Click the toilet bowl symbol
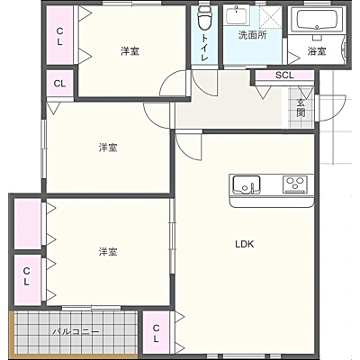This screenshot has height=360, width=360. [205, 18]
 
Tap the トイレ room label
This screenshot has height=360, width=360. [205, 48]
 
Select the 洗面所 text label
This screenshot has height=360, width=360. [252, 35]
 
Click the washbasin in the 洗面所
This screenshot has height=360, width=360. [238, 15]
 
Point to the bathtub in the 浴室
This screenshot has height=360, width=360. [317, 19]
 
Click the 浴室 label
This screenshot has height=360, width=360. [317, 51]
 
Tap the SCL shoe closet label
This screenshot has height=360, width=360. [284, 76]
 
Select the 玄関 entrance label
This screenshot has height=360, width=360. [301, 108]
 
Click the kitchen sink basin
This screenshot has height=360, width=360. [247, 184]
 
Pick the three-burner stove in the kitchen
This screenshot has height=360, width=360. [295, 184]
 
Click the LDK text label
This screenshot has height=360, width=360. [245, 244]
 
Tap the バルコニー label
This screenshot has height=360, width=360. [76, 332]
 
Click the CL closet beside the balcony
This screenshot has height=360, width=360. [156, 333]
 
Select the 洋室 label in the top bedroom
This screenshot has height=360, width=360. [130, 51]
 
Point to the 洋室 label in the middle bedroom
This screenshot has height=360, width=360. [108, 148]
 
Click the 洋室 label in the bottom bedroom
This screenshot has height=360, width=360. [108, 252]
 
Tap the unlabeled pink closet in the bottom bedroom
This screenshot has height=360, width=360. [28, 223]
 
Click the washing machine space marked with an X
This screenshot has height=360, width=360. [270, 17]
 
